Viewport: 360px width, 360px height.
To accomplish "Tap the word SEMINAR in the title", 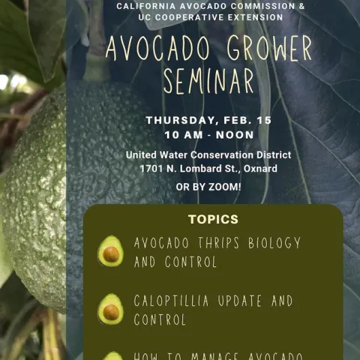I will tap(208, 81).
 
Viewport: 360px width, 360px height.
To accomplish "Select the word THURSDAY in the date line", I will tap(183, 120).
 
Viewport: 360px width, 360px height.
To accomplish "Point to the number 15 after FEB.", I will tap(263, 120).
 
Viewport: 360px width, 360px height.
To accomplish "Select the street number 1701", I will tap(153, 169).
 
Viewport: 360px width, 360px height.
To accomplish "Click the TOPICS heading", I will tap(213, 220).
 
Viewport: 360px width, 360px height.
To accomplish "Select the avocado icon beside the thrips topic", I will tap(111, 252).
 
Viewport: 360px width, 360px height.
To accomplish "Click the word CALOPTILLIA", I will tap(178, 301).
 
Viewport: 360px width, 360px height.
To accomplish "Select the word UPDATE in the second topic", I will tap(247, 301).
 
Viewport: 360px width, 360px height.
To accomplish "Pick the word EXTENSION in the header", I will tap(250, 17).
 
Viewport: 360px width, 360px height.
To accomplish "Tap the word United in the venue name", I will tap(145, 155).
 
